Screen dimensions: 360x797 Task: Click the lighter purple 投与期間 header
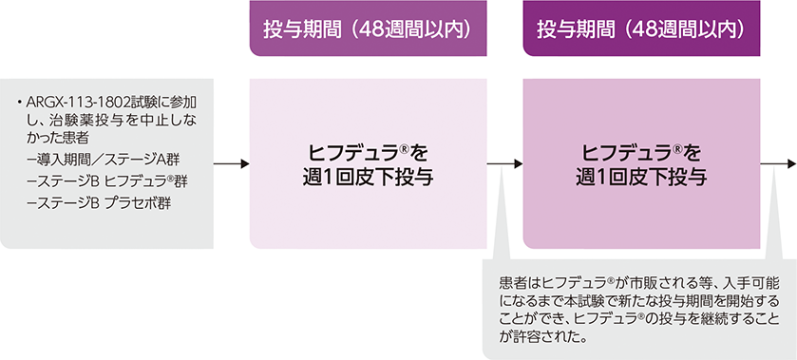tap(368, 30)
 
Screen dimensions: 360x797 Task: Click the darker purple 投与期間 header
tap(642, 30)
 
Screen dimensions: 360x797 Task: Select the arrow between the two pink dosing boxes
tap(504, 164)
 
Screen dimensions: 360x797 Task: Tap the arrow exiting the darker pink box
tap(779, 164)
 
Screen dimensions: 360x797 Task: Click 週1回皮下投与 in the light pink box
tap(368, 176)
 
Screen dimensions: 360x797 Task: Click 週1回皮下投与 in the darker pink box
tap(642, 176)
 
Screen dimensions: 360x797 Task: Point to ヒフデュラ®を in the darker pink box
tap(642, 152)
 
